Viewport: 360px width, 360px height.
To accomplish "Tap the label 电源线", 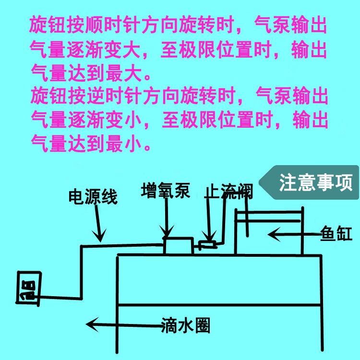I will (93, 197).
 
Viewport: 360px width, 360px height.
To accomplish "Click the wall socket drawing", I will (28, 288).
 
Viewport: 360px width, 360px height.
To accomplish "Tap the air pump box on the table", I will (178, 245).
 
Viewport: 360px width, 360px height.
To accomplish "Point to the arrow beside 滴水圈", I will (122, 325).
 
